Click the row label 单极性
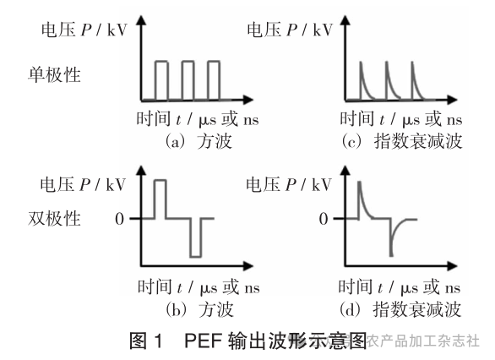coord(56,75)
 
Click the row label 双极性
coord(56,219)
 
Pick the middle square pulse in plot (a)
coord(187,79)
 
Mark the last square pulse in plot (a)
coord(213,79)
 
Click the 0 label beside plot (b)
coord(121,219)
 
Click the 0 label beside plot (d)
coord(324,219)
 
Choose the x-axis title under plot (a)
coord(197,119)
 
